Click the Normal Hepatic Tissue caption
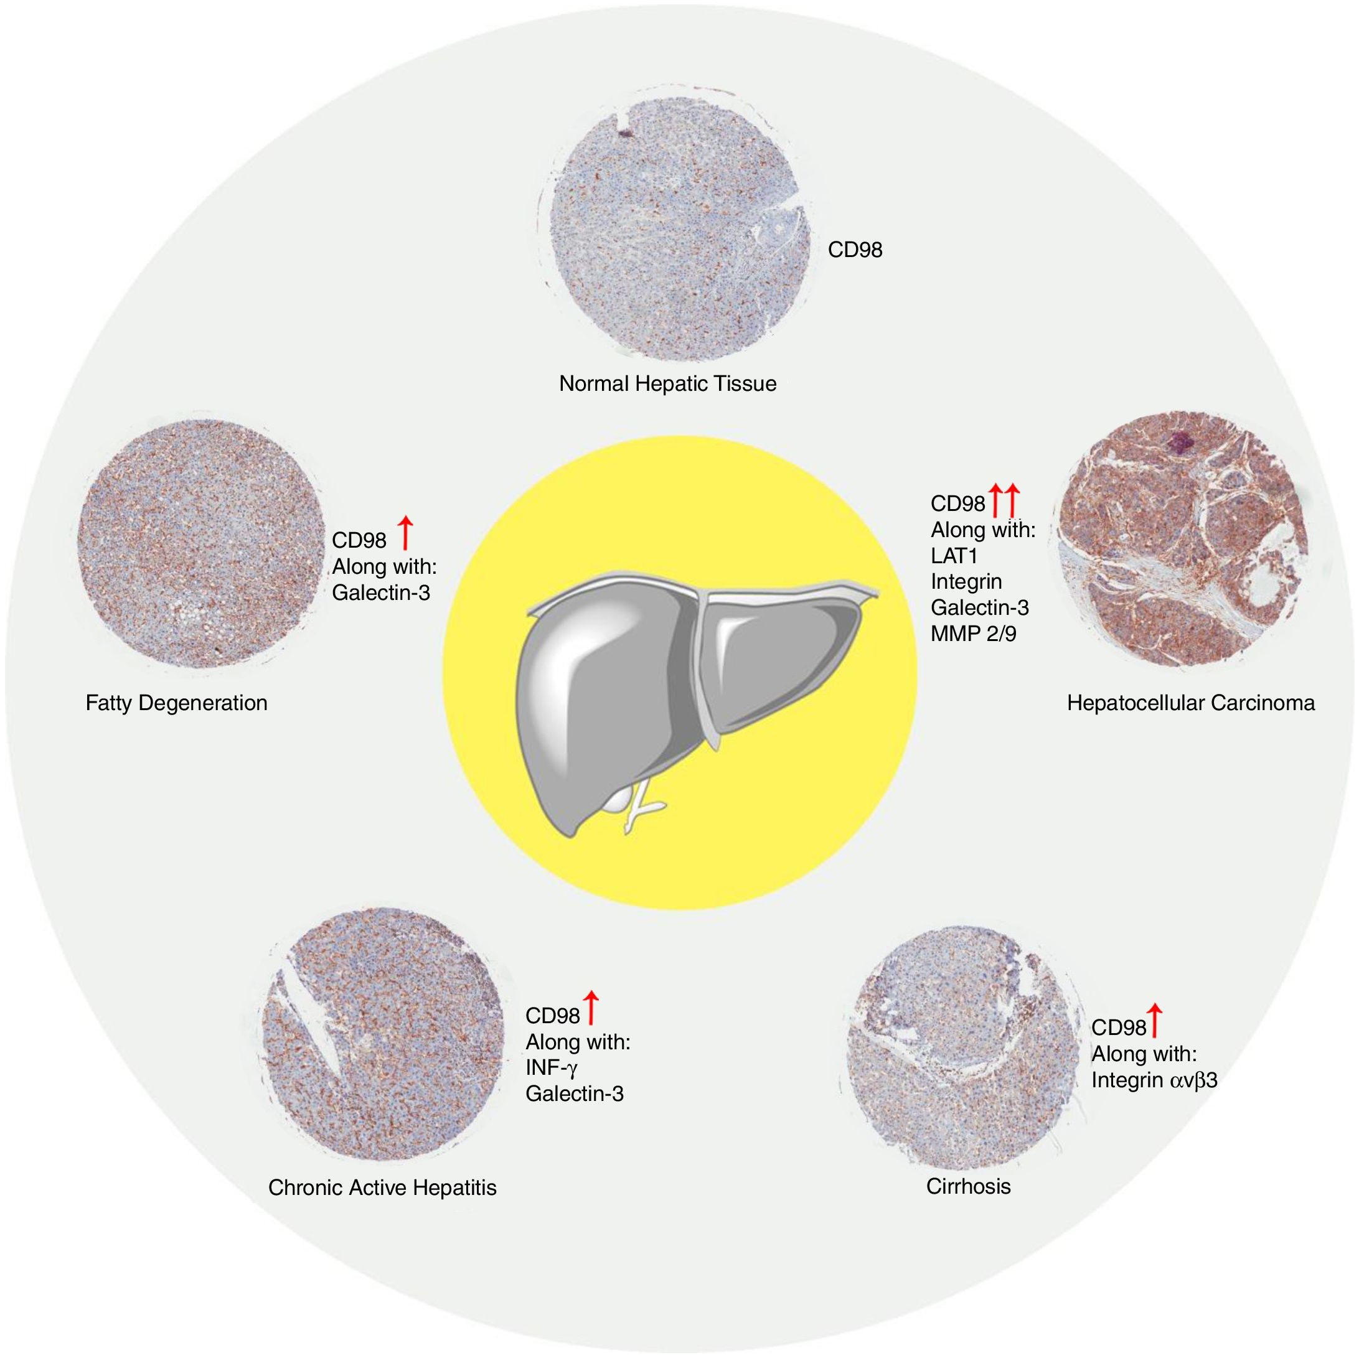[667, 384]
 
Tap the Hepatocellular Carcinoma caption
[1190, 703]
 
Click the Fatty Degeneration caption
[177, 703]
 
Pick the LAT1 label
[954, 556]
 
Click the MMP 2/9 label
[973, 634]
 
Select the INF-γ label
[552, 1067]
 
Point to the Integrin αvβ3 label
[1154, 1080]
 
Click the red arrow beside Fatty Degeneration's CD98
[405, 532]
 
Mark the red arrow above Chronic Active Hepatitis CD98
[590, 1007]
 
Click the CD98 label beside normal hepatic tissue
[854, 250]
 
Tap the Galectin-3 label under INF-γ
[574, 1093]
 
